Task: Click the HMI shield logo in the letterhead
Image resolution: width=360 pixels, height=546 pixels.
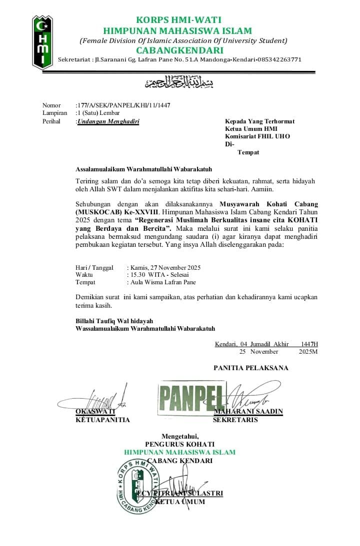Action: click(x=42, y=42)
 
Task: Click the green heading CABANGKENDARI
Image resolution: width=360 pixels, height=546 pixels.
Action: click(x=179, y=50)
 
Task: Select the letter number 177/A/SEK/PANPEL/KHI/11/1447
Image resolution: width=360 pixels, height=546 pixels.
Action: click(x=123, y=105)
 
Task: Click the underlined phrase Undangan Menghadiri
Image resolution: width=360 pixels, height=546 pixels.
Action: click(x=108, y=121)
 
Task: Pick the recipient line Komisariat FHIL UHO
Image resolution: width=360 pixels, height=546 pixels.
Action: click(x=257, y=136)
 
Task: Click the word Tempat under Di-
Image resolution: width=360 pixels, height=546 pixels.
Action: click(x=248, y=152)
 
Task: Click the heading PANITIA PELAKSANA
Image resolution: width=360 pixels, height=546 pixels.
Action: click(x=251, y=368)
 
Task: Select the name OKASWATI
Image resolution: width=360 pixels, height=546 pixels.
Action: click(x=95, y=412)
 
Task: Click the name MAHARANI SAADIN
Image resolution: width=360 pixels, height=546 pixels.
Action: click(x=248, y=412)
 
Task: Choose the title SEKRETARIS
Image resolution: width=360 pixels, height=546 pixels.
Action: click(x=235, y=420)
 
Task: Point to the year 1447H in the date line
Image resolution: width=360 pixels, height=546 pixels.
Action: click(x=309, y=344)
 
